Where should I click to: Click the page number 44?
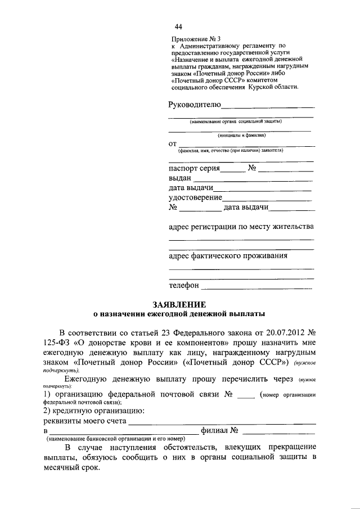pyautogui.click(x=178, y=26)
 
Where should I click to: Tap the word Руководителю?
pyautogui.click(x=195, y=104)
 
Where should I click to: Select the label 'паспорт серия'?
pyautogui.click(x=193, y=168)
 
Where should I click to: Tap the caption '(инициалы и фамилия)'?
pyautogui.click(x=242, y=136)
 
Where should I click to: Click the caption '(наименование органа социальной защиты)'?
pyautogui.click(x=236, y=121)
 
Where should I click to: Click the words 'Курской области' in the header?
pyautogui.click(x=276, y=87)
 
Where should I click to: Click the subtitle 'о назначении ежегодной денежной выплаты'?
pyautogui.click(x=179, y=314)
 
